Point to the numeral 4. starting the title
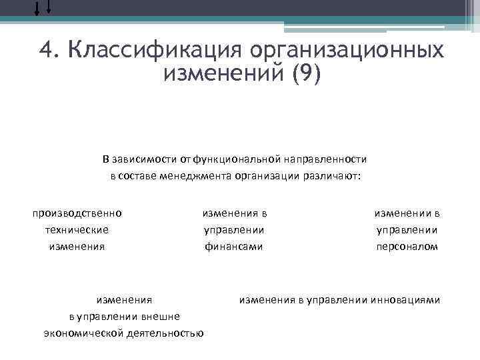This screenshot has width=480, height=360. point(49,50)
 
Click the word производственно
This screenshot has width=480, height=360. point(77,213)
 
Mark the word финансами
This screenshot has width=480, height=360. point(233,246)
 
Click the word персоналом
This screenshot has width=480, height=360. point(407,246)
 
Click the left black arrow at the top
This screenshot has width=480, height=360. point(37,8)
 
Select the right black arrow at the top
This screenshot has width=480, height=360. point(49,7)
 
